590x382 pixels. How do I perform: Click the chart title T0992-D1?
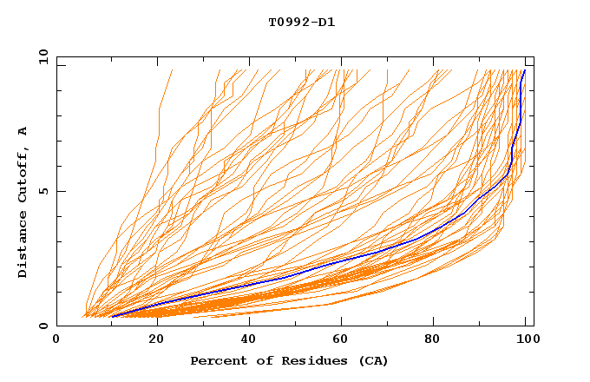pos(301,23)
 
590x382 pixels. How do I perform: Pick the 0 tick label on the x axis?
pos(57,339)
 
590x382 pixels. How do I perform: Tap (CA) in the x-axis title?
pos(371,361)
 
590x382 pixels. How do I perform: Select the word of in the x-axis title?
pos(261,361)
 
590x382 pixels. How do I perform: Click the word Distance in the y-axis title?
pos(23,242)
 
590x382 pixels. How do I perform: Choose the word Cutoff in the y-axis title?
pos(23,172)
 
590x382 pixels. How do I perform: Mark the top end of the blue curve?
pos(524,70)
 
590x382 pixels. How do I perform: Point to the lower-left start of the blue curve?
pos(113,317)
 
